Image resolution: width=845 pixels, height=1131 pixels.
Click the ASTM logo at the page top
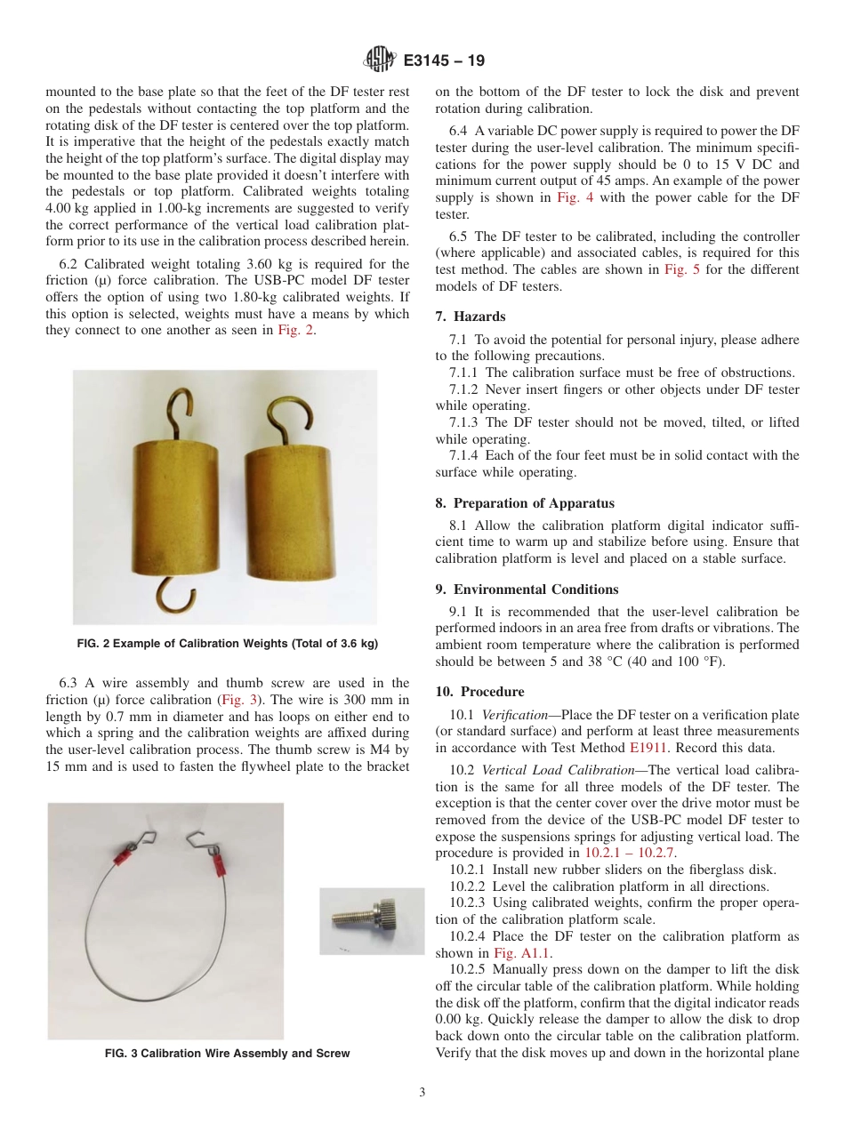tap(379, 61)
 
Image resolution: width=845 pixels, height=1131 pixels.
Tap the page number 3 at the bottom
tap(422, 1093)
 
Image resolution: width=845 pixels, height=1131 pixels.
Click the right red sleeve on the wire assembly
tap(215, 862)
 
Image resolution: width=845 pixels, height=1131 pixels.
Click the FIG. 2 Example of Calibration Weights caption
tap(224, 644)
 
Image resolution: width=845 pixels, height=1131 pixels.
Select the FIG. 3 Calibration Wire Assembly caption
tap(227, 1054)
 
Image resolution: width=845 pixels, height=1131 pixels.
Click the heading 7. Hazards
tap(470, 317)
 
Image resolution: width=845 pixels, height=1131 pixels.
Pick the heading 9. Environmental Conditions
tap(527, 590)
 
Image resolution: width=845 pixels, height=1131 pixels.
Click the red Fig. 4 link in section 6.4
tap(569, 197)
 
